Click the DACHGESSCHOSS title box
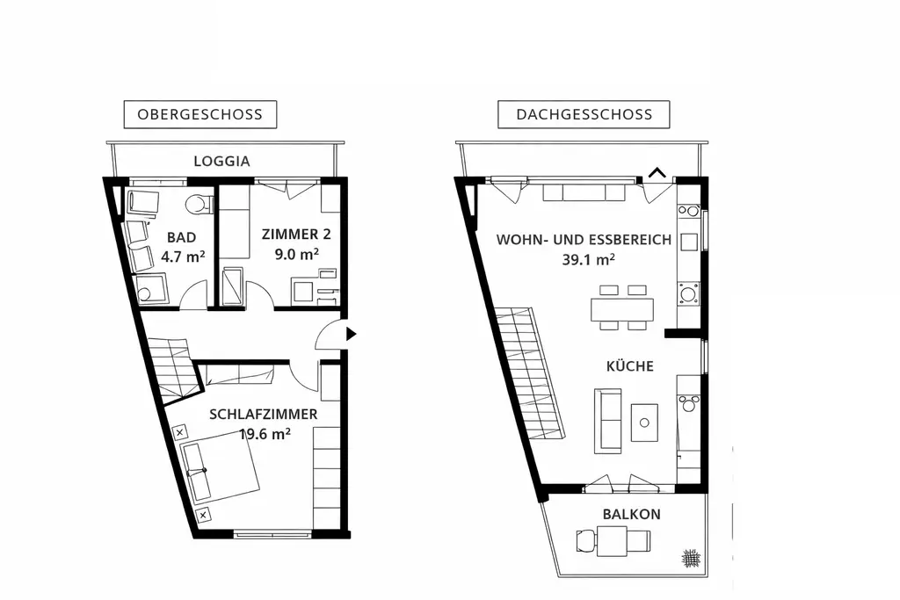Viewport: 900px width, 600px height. coord(584,114)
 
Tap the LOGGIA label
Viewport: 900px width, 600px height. coord(221,162)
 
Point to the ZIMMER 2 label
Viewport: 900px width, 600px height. coord(289,235)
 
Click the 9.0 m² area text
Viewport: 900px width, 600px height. coord(296,254)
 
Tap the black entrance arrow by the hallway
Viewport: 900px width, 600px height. coord(351,334)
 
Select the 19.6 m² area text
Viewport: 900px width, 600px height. coord(265,433)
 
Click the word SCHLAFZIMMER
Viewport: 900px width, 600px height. coord(263,414)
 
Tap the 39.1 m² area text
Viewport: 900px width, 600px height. coord(587,259)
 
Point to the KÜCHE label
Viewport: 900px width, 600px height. coord(628,366)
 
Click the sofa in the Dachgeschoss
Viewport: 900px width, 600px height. coord(607,421)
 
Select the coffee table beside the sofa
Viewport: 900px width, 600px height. coord(644,423)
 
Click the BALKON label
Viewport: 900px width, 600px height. coord(631,515)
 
